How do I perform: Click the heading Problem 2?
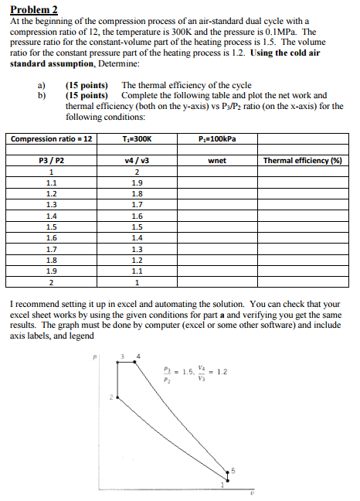pyautogui.click(x=32, y=10)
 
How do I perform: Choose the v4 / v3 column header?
pyautogui.click(x=138, y=162)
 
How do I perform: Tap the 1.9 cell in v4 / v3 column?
pyautogui.click(x=138, y=183)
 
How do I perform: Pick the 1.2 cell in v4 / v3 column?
pyautogui.click(x=138, y=261)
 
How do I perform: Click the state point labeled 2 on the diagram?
pyautogui.click(x=117, y=397)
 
